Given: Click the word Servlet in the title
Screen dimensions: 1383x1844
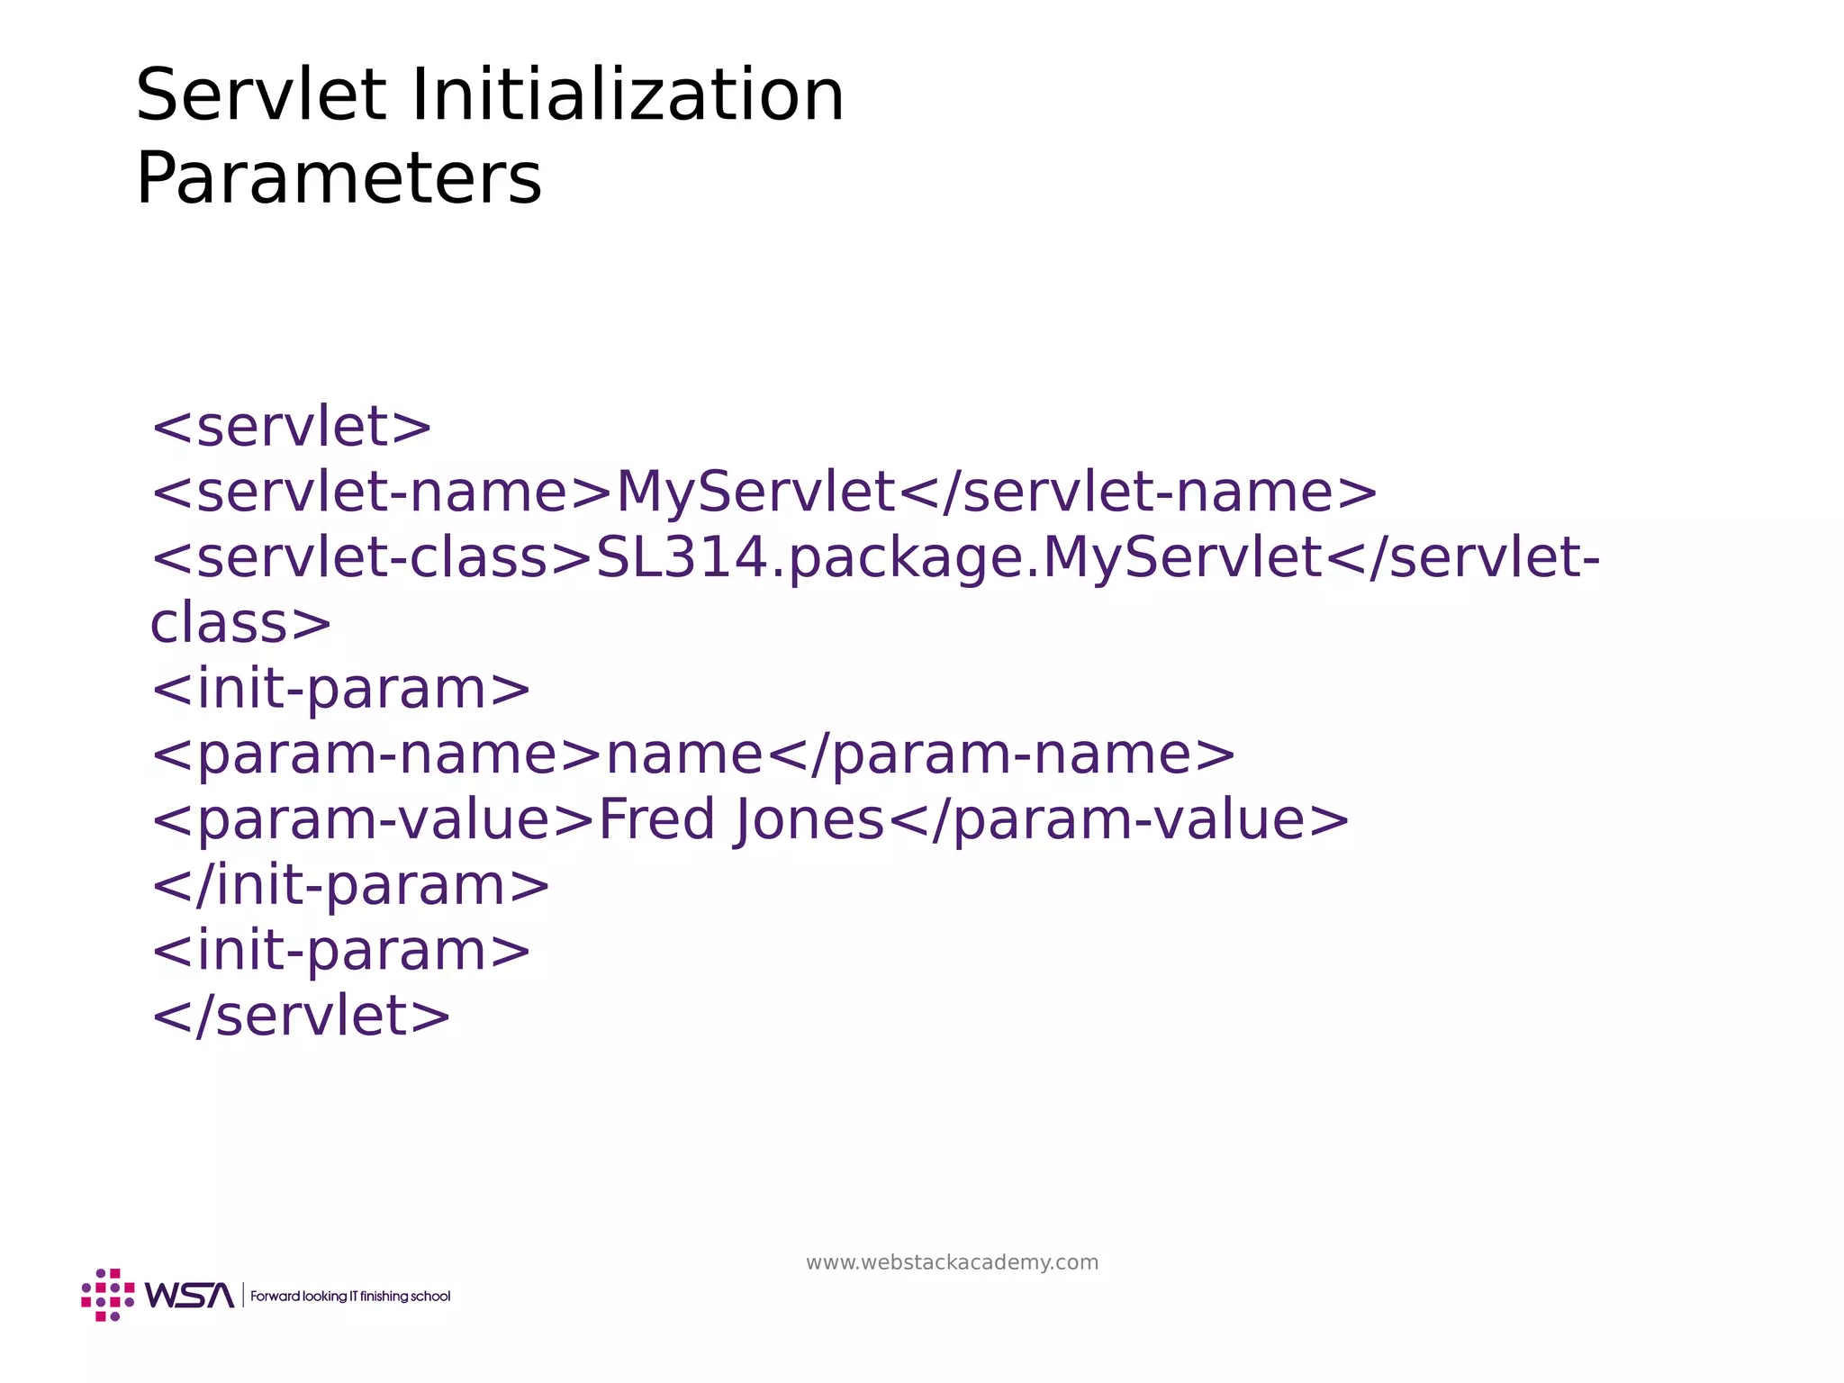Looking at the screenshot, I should pyautogui.click(x=261, y=95).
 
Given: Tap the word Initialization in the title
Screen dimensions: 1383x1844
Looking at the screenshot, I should pyautogui.click(x=628, y=95).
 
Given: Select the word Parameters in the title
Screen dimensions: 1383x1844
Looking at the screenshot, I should pyautogui.click(x=339, y=178).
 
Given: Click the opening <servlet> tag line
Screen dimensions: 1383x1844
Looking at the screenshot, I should pyautogui.click(x=292, y=427).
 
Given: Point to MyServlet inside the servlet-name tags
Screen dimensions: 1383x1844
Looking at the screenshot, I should pyautogui.click(x=755, y=493).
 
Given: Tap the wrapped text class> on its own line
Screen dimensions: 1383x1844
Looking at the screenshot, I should pyautogui.click(x=240, y=624).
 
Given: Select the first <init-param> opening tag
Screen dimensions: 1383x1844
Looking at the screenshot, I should pyautogui.click(x=341, y=690).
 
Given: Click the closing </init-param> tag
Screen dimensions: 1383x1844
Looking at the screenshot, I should pyautogui.click(x=351, y=886).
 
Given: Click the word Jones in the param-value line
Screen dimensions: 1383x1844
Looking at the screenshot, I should pyautogui.click(x=809, y=820).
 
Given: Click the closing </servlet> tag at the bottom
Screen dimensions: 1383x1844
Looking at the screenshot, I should pyautogui.click(x=302, y=1017).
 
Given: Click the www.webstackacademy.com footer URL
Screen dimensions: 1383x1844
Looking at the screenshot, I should pyautogui.click(x=952, y=1262).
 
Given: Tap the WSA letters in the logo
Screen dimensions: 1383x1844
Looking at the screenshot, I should pyautogui.click(x=190, y=1296).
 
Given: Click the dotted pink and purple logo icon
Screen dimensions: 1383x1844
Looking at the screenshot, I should pyautogui.click(x=108, y=1295).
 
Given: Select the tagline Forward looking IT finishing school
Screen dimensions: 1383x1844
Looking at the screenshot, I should pyautogui.click(x=350, y=1297).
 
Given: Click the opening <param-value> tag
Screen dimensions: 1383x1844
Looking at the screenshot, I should pyautogui.click(x=374, y=820).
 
